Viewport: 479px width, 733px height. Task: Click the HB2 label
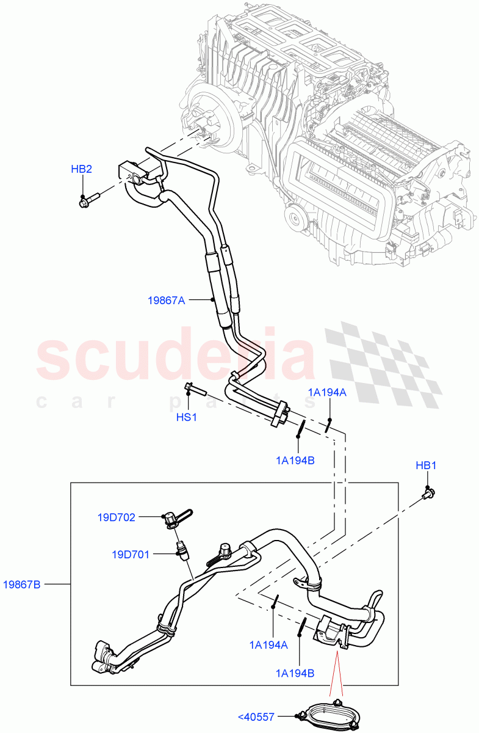81,169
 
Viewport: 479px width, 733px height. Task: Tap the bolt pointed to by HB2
89,199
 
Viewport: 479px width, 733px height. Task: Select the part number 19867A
167,300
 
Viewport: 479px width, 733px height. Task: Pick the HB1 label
426,465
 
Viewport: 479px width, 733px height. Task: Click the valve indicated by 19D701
182,549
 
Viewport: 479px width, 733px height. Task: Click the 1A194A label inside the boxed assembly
269,644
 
